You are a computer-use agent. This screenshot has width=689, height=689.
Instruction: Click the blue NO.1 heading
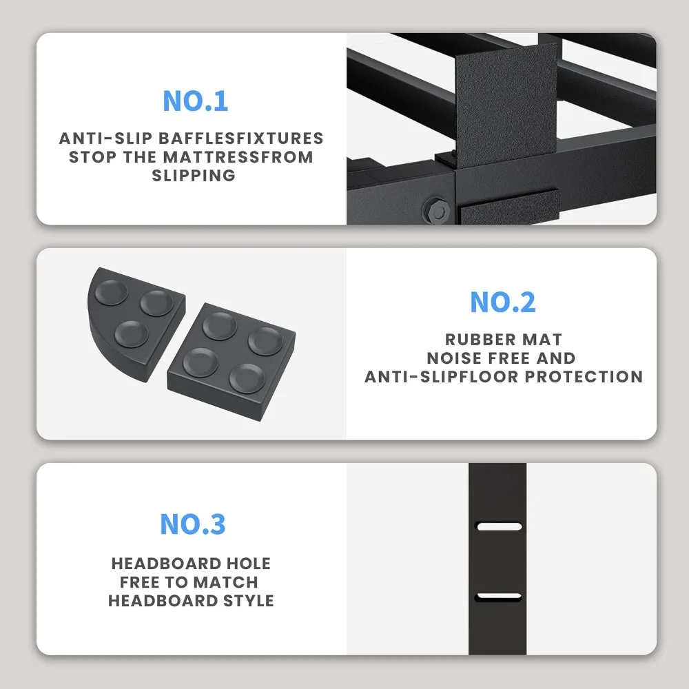(x=195, y=101)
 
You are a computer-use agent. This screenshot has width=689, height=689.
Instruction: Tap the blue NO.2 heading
(x=502, y=302)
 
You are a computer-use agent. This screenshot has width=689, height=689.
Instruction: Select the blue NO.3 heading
(x=192, y=524)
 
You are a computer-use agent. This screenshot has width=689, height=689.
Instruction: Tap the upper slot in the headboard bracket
(x=500, y=527)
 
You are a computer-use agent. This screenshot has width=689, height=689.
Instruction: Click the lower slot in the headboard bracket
(x=500, y=596)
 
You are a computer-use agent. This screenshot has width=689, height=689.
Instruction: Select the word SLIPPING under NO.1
(x=193, y=175)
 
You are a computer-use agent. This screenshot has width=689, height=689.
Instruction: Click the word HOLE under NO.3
(x=244, y=564)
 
